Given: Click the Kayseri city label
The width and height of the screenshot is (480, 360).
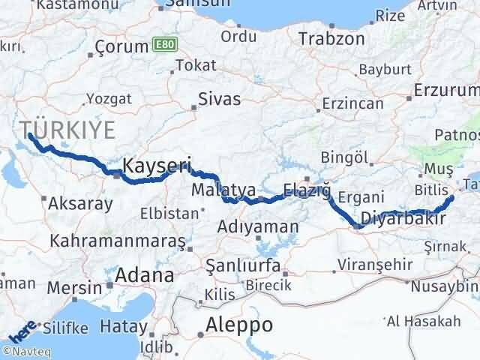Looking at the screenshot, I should pos(157,165).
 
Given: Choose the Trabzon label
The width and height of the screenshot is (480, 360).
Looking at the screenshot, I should pos(331,37).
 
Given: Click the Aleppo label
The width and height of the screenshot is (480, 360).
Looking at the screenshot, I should pos(239,325).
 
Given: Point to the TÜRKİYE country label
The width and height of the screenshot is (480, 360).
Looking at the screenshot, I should pos(67,129).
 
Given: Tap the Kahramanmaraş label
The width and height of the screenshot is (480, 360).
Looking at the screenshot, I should pos(118,241).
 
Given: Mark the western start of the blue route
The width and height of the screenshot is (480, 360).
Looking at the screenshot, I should pos(29,135).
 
